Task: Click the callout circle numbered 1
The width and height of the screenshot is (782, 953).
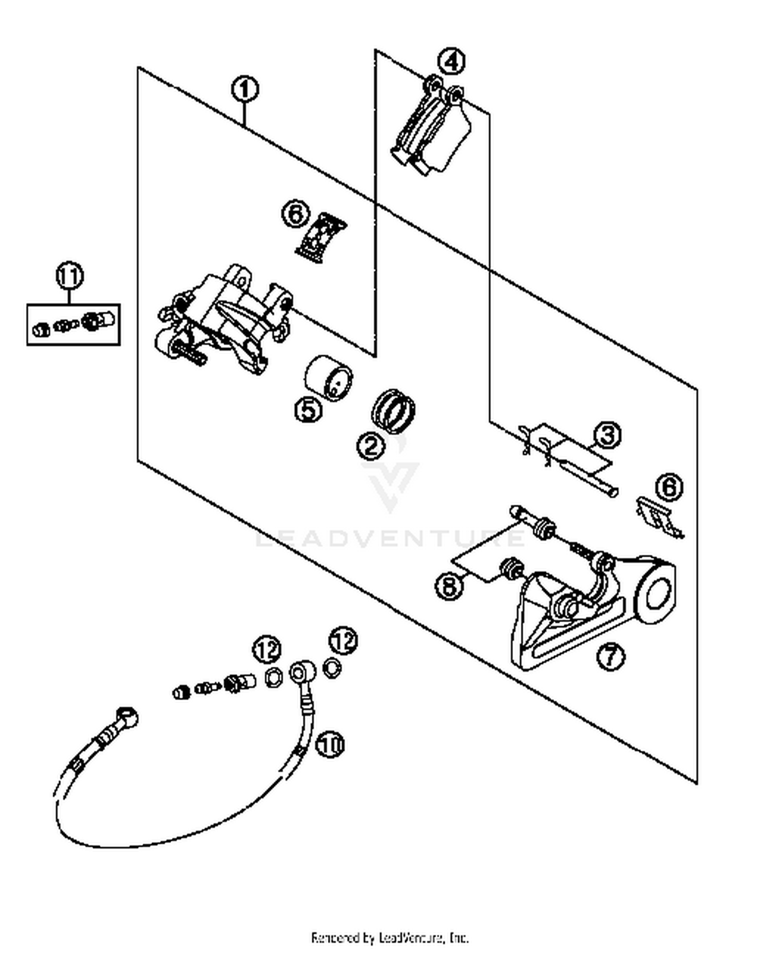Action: [x=245, y=90]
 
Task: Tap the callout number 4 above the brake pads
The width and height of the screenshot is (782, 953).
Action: [x=451, y=62]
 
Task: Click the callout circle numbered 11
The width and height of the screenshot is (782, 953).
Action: [x=70, y=276]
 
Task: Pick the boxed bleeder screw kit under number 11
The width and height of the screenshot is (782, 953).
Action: [x=74, y=325]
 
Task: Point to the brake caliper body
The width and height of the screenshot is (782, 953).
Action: [x=224, y=321]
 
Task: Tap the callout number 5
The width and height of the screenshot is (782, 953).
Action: [x=309, y=409]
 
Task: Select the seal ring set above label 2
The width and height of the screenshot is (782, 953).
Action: [x=394, y=410]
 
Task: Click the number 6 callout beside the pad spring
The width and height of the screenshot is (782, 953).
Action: [x=296, y=214]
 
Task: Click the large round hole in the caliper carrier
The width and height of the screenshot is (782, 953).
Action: [x=658, y=595]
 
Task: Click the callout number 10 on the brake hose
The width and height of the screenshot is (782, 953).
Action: [x=330, y=744]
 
